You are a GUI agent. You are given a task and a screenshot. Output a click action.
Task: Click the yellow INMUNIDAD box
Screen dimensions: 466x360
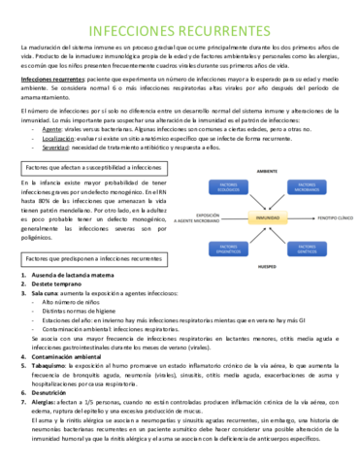click(266, 219)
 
